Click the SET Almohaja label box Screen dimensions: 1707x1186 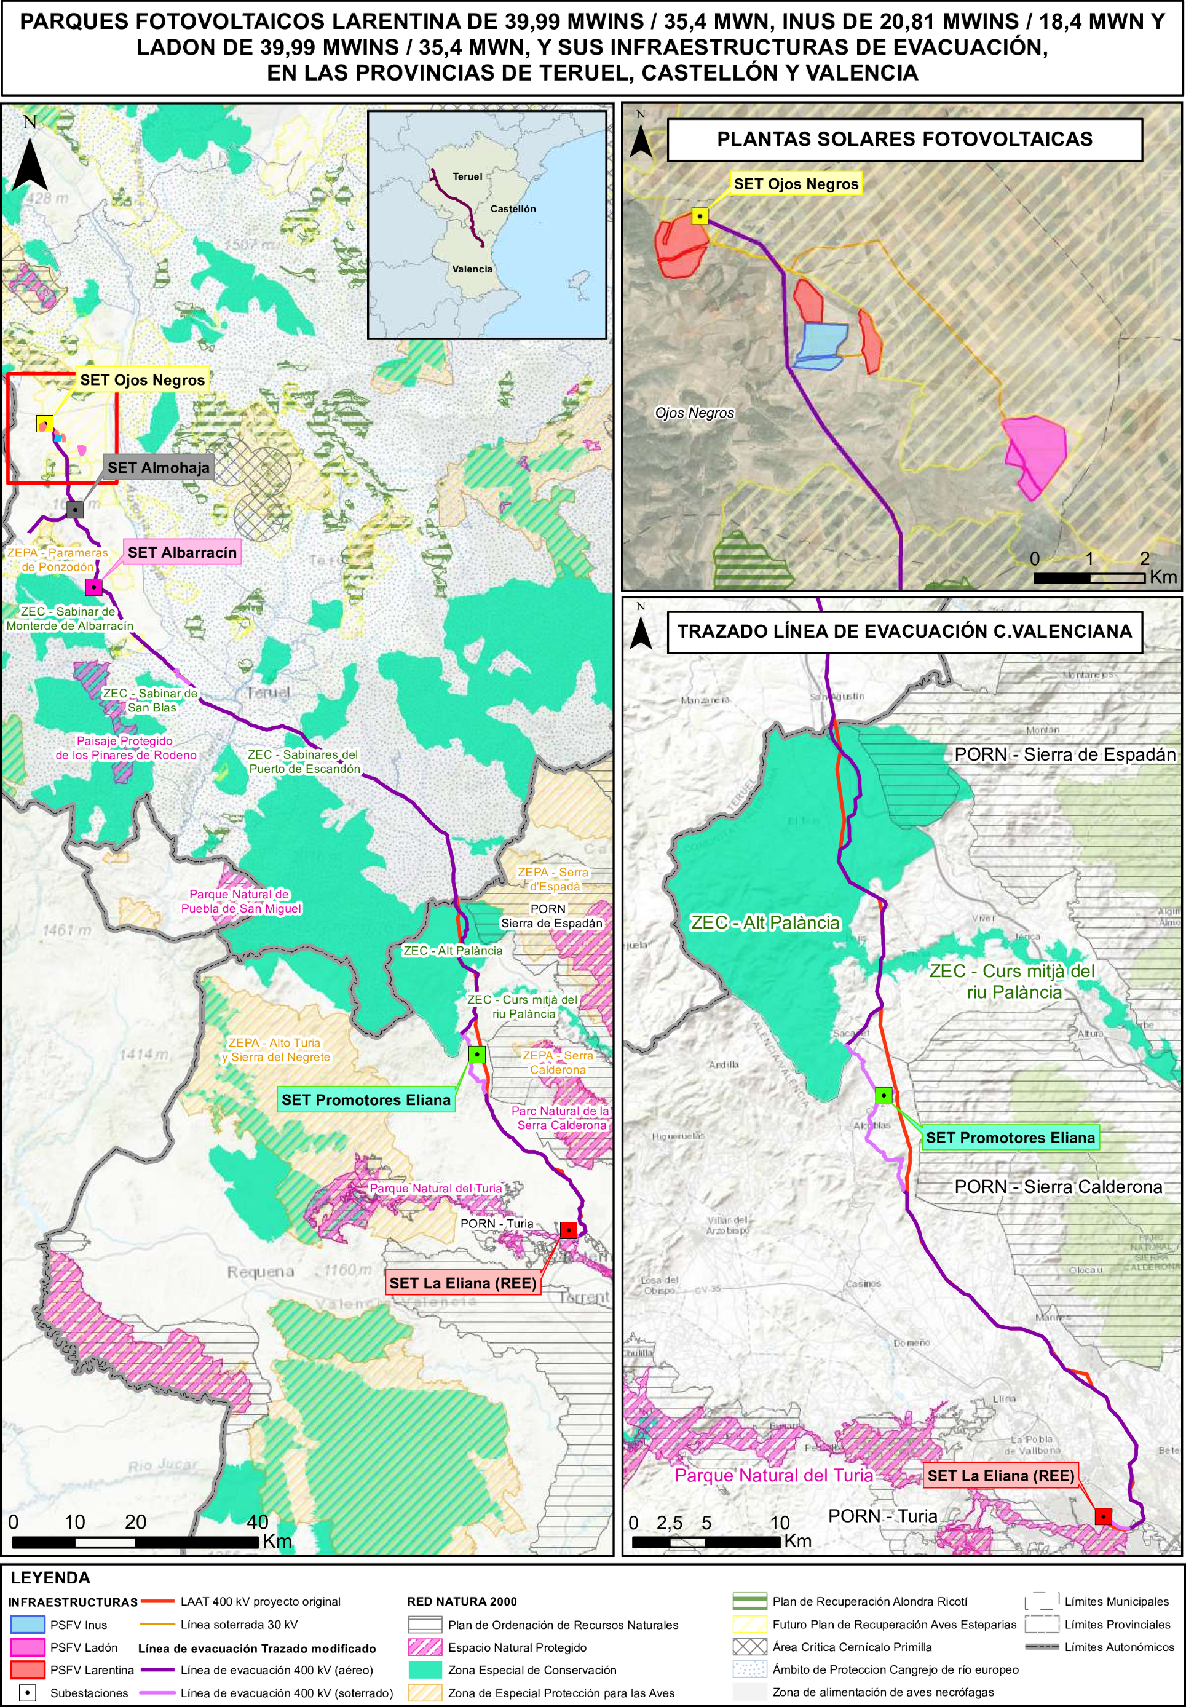pyautogui.click(x=158, y=467)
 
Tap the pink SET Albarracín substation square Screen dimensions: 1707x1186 pyautogui.click(x=93, y=587)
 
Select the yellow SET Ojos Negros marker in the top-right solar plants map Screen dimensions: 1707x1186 pyautogui.click(x=700, y=216)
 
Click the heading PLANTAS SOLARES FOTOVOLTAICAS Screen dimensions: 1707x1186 pyautogui.click(x=904, y=139)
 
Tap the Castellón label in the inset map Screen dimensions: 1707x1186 pyautogui.click(x=513, y=209)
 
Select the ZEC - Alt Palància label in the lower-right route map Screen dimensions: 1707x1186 pyautogui.click(x=765, y=922)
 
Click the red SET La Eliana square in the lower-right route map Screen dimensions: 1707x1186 pyautogui.click(x=1104, y=1516)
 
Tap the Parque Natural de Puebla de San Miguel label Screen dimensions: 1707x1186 pyautogui.click(x=241, y=901)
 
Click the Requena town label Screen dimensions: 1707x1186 pyautogui.click(x=260, y=1272)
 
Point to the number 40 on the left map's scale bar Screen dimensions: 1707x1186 pyautogui.click(x=257, y=1521)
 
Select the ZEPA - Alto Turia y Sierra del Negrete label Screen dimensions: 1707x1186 pyautogui.click(x=275, y=1049)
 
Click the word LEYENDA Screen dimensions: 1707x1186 pyautogui.click(x=50, y=1577)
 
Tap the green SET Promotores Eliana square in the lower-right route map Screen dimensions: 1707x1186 pyautogui.click(x=884, y=1095)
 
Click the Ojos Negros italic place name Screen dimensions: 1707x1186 pyautogui.click(x=694, y=413)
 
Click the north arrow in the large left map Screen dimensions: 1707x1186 pyautogui.click(x=30, y=165)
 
